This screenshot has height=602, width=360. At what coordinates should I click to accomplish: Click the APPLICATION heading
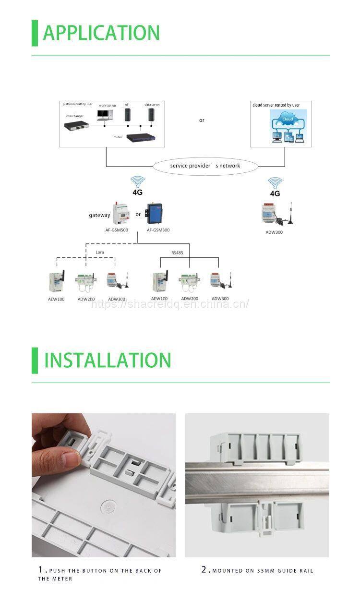pyautogui.click(x=101, y=33)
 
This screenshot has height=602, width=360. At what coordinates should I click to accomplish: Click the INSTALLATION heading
pyautogui.click(x=108, y=360)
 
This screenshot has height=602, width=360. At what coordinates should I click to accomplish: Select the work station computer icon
pyautogui.click(x=105, y=115)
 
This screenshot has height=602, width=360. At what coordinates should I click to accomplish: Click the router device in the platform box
pyautogui.click(x=142, y=137)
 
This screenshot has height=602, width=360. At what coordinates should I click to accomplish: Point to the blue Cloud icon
pyautogui.click(x=287, y=120)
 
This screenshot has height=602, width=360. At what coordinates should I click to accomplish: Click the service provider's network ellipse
pyautogui.click(x=205, y=166)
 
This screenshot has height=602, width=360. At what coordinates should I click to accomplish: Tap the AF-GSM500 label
pyautogui.click(x=117, y=230)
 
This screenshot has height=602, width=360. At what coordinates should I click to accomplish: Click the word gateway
pyautogui.click(x=99, y=215)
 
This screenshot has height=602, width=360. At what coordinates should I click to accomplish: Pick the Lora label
pyautogui.click(x=99, y=252)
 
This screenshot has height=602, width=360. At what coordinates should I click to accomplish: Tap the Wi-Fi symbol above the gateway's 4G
pyautogui.click(x=138, y=181)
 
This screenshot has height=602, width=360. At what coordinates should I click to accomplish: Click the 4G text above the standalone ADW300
pyautogui.click(x=275, y=193)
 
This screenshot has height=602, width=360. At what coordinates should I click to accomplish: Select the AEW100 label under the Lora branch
pyautogui.click(x=56, y=299)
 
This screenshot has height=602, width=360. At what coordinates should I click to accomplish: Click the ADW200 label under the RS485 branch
pyautogui.click(x=188, y=299)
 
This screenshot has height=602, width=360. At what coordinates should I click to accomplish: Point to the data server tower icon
pyautogui.click(x=151, y=115)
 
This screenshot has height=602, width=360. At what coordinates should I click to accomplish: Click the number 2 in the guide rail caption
pyautogui.click(x=204, y=570)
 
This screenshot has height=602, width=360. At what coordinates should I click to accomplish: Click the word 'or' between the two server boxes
pyautogui.click(x=202, y=120)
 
